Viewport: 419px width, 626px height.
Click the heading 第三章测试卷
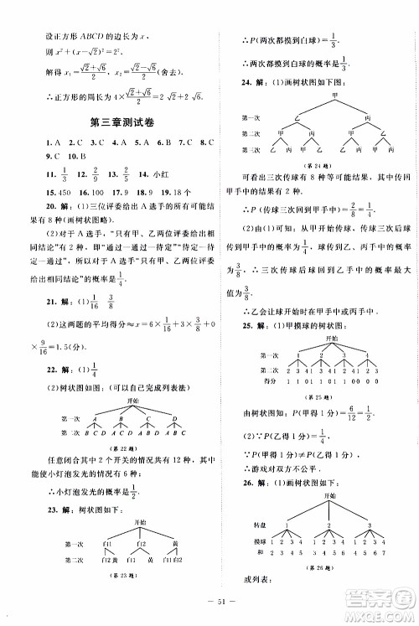109,125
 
